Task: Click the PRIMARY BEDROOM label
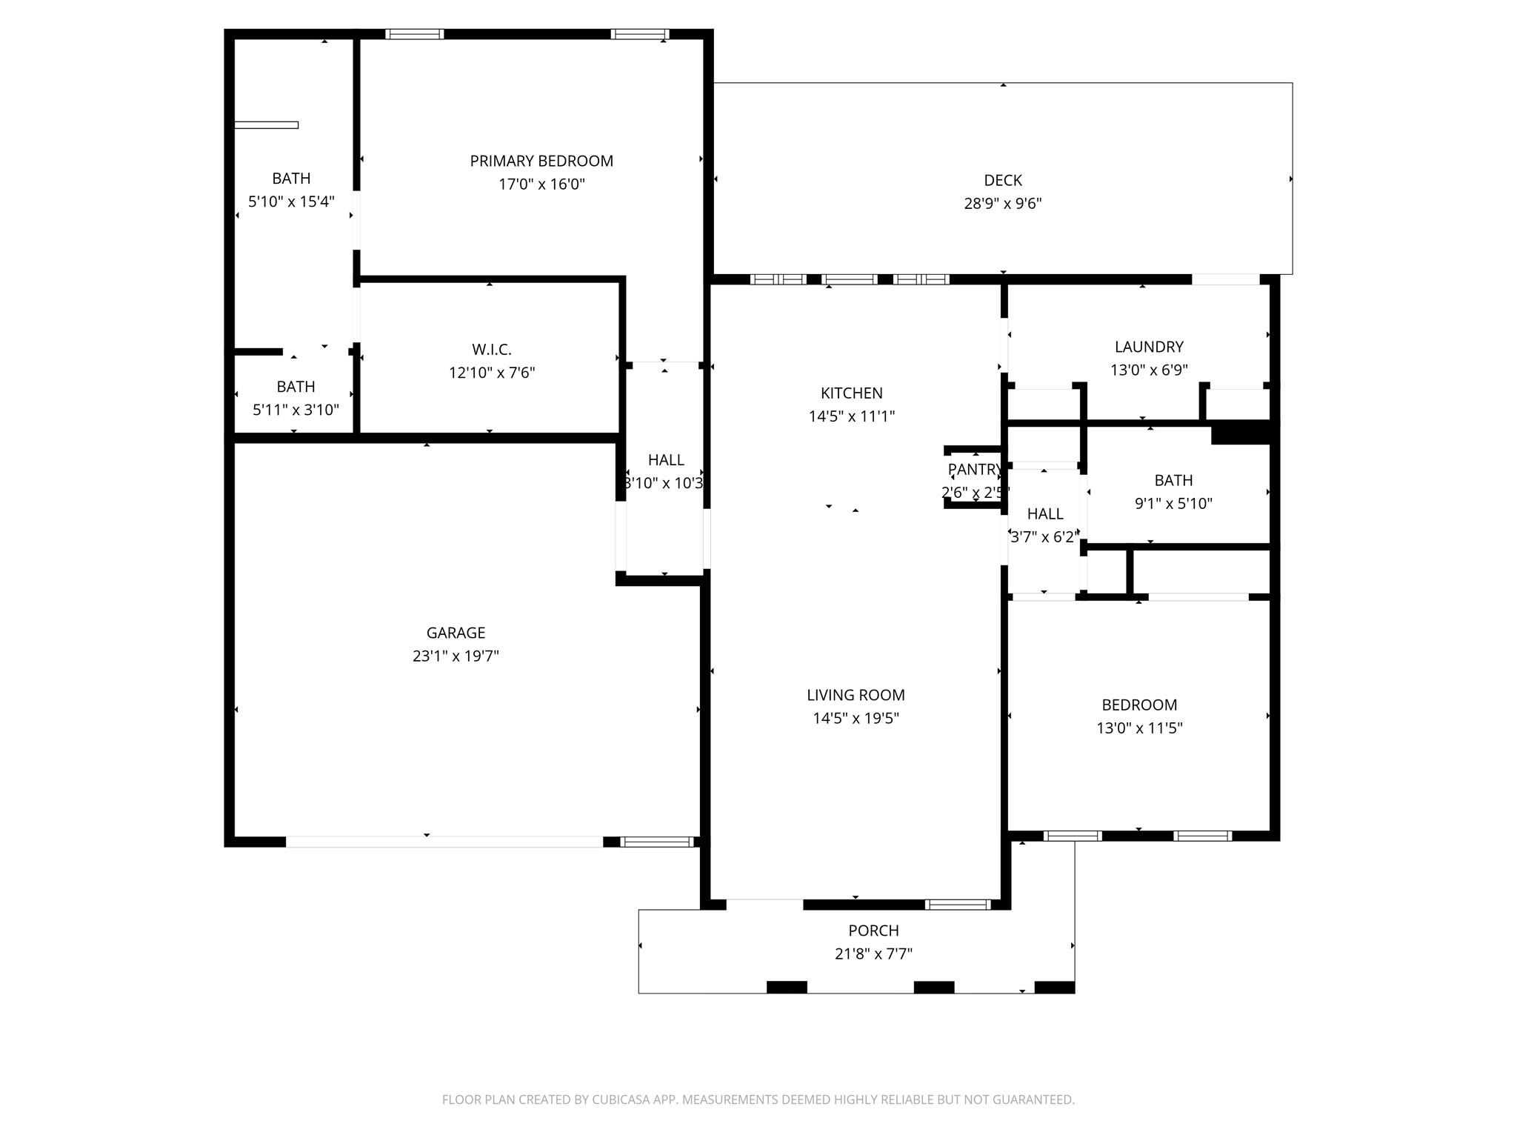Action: point(541,161)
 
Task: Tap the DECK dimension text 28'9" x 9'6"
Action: point(1002,203)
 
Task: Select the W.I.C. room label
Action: point(491,349)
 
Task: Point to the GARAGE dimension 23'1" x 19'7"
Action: point(456,656)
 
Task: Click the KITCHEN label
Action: point(851,393)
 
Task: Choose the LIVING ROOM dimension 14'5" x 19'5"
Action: point(856,718)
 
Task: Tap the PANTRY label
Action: point(974,469)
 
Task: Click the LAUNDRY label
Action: point(1148,346)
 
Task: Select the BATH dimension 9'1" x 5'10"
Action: point(1173,504)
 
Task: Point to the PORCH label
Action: point(873,930)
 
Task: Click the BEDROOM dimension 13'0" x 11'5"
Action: point(1139,728)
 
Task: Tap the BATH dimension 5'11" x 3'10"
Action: point(296,410)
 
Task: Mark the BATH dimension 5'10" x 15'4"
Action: point(291,202)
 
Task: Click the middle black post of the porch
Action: point(933,987)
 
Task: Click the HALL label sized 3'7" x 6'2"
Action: point(1044,513)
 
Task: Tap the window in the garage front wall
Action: point(656,842)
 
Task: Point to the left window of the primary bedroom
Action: point(415,34)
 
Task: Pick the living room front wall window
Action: point(957,904)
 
